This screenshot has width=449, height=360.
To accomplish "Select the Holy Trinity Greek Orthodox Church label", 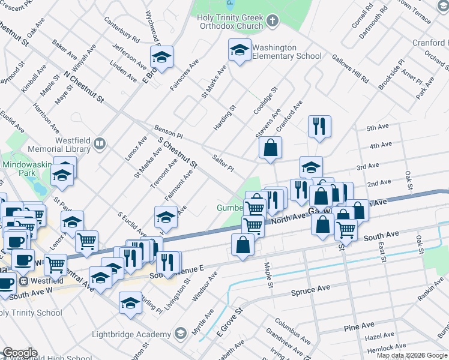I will click(x=231, y=22).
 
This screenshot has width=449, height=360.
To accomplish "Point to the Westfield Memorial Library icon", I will click(x=100, y=144).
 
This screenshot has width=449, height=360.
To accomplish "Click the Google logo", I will click(x=19, y=353).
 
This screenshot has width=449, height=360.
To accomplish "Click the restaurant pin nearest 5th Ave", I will click(x=318, y=127).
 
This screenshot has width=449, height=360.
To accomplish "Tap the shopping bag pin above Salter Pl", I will click(x=270, y=148).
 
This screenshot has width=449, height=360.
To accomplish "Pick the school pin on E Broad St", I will click(x=161, y=57).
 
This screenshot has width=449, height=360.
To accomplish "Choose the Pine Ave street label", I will click(x=360, y=326).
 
